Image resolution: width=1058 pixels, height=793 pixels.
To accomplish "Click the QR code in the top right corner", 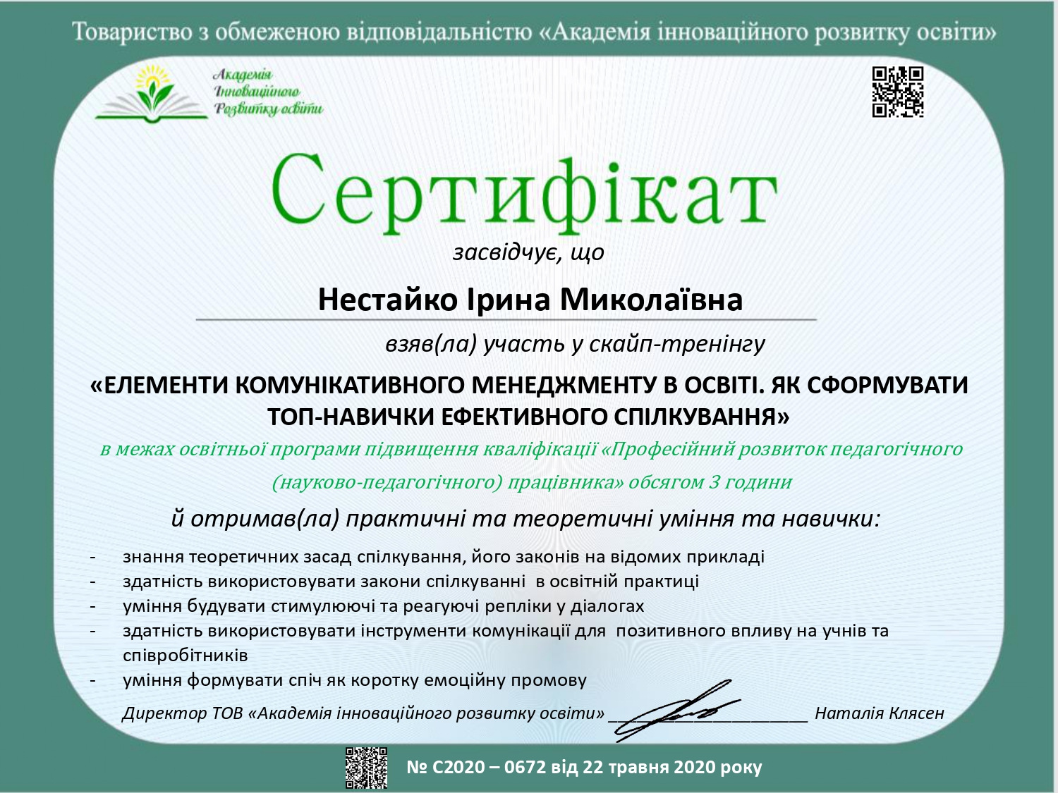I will [x=898, y=92].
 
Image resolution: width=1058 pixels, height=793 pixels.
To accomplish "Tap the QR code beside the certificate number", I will [x=366, y=767].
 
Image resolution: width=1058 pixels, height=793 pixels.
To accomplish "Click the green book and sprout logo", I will [x=152, y=94].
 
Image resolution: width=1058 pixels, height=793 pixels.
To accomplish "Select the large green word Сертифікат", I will [x=523, y=192].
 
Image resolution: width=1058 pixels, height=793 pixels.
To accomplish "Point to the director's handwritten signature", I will [x=677, y=708].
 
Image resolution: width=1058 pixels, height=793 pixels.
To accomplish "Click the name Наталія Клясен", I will [x=879, y=713].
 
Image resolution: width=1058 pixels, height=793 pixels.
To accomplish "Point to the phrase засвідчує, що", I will [x=528, y=252].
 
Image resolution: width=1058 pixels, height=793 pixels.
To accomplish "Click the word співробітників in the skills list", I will [x=186, y=656].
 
